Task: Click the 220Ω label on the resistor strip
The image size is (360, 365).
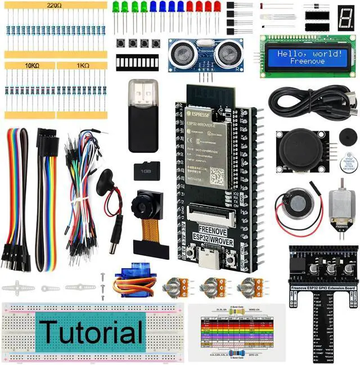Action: (x=55, y=5)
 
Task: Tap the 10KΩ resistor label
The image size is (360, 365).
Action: (x=31, y=65)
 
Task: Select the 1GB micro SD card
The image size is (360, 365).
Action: (x=148, y=170)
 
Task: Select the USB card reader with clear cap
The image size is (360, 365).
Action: (x=143, y=115)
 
